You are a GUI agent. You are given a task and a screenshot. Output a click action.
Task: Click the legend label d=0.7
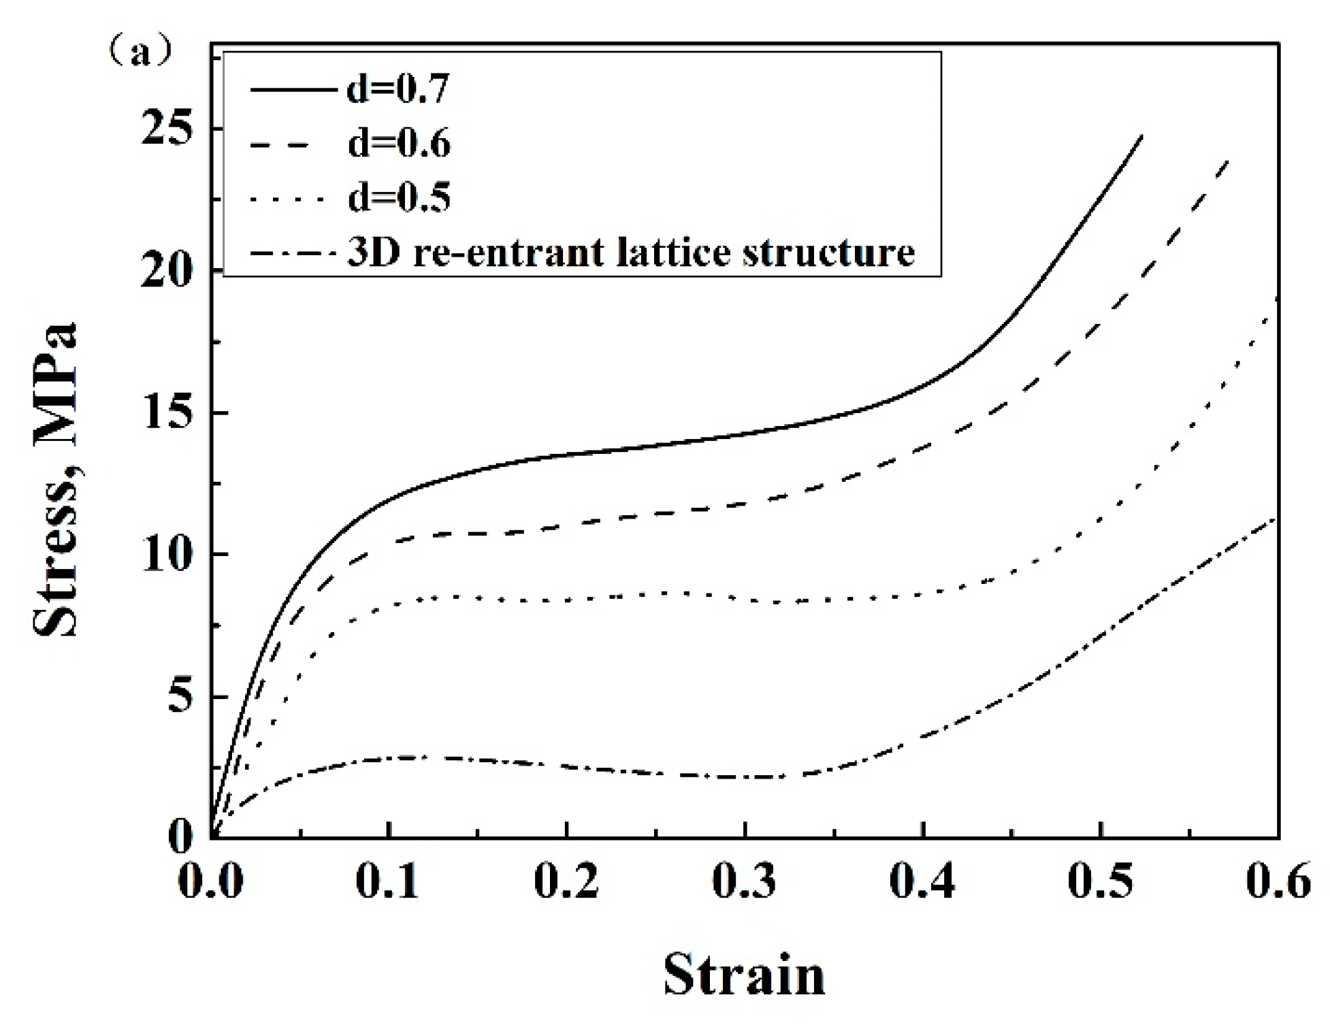coord(398,89)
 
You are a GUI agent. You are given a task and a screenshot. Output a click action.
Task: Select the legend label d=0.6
coord(398,144)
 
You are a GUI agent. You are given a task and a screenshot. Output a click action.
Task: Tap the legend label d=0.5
coord(398,198)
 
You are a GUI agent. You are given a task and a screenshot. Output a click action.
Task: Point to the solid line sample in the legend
coord(293,89)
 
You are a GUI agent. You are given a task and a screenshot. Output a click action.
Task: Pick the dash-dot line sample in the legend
coord(293,253)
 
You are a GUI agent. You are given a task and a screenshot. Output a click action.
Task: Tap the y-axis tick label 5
coord(180,697)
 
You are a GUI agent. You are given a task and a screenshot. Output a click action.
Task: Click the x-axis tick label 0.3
coord(745,882)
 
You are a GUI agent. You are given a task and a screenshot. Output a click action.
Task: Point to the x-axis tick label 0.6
coord(1277,882)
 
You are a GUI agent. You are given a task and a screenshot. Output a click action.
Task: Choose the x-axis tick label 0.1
coord(389,882)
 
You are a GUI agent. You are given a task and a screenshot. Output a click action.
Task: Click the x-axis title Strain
coord(744,975)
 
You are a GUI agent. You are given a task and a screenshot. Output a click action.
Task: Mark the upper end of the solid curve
coord(1141,136)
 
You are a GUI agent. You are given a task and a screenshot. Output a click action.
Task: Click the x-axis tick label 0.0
coord(210,882)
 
